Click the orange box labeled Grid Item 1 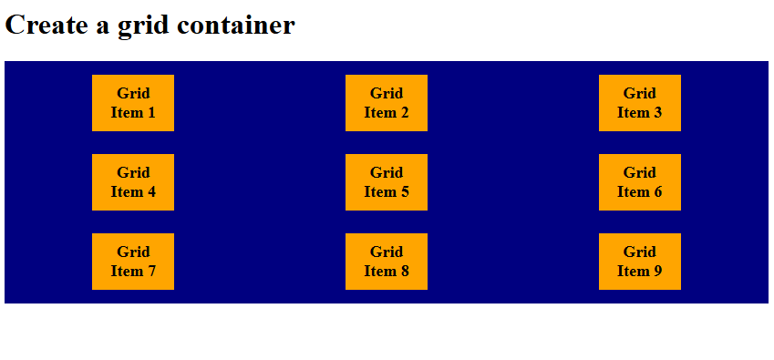coord(133,103)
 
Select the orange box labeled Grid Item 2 coord(387,103)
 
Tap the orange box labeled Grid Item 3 coord(640,103)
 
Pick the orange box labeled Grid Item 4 coord(133,182)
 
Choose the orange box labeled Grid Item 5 coord(387,182)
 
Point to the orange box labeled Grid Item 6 coord(640,182)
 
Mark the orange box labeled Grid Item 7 coord(133,262)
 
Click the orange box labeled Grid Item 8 coord(387,262)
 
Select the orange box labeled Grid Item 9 coord(640,262)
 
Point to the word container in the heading coord(236,26)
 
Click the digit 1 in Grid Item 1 coord(151,113)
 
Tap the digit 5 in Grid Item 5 coord(405,192)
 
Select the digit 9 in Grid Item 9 coord(658,272)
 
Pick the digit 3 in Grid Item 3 coord(658,113)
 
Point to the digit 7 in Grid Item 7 coord(151,272)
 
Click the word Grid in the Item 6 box coord(640,172)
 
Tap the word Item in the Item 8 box coord(379,272)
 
